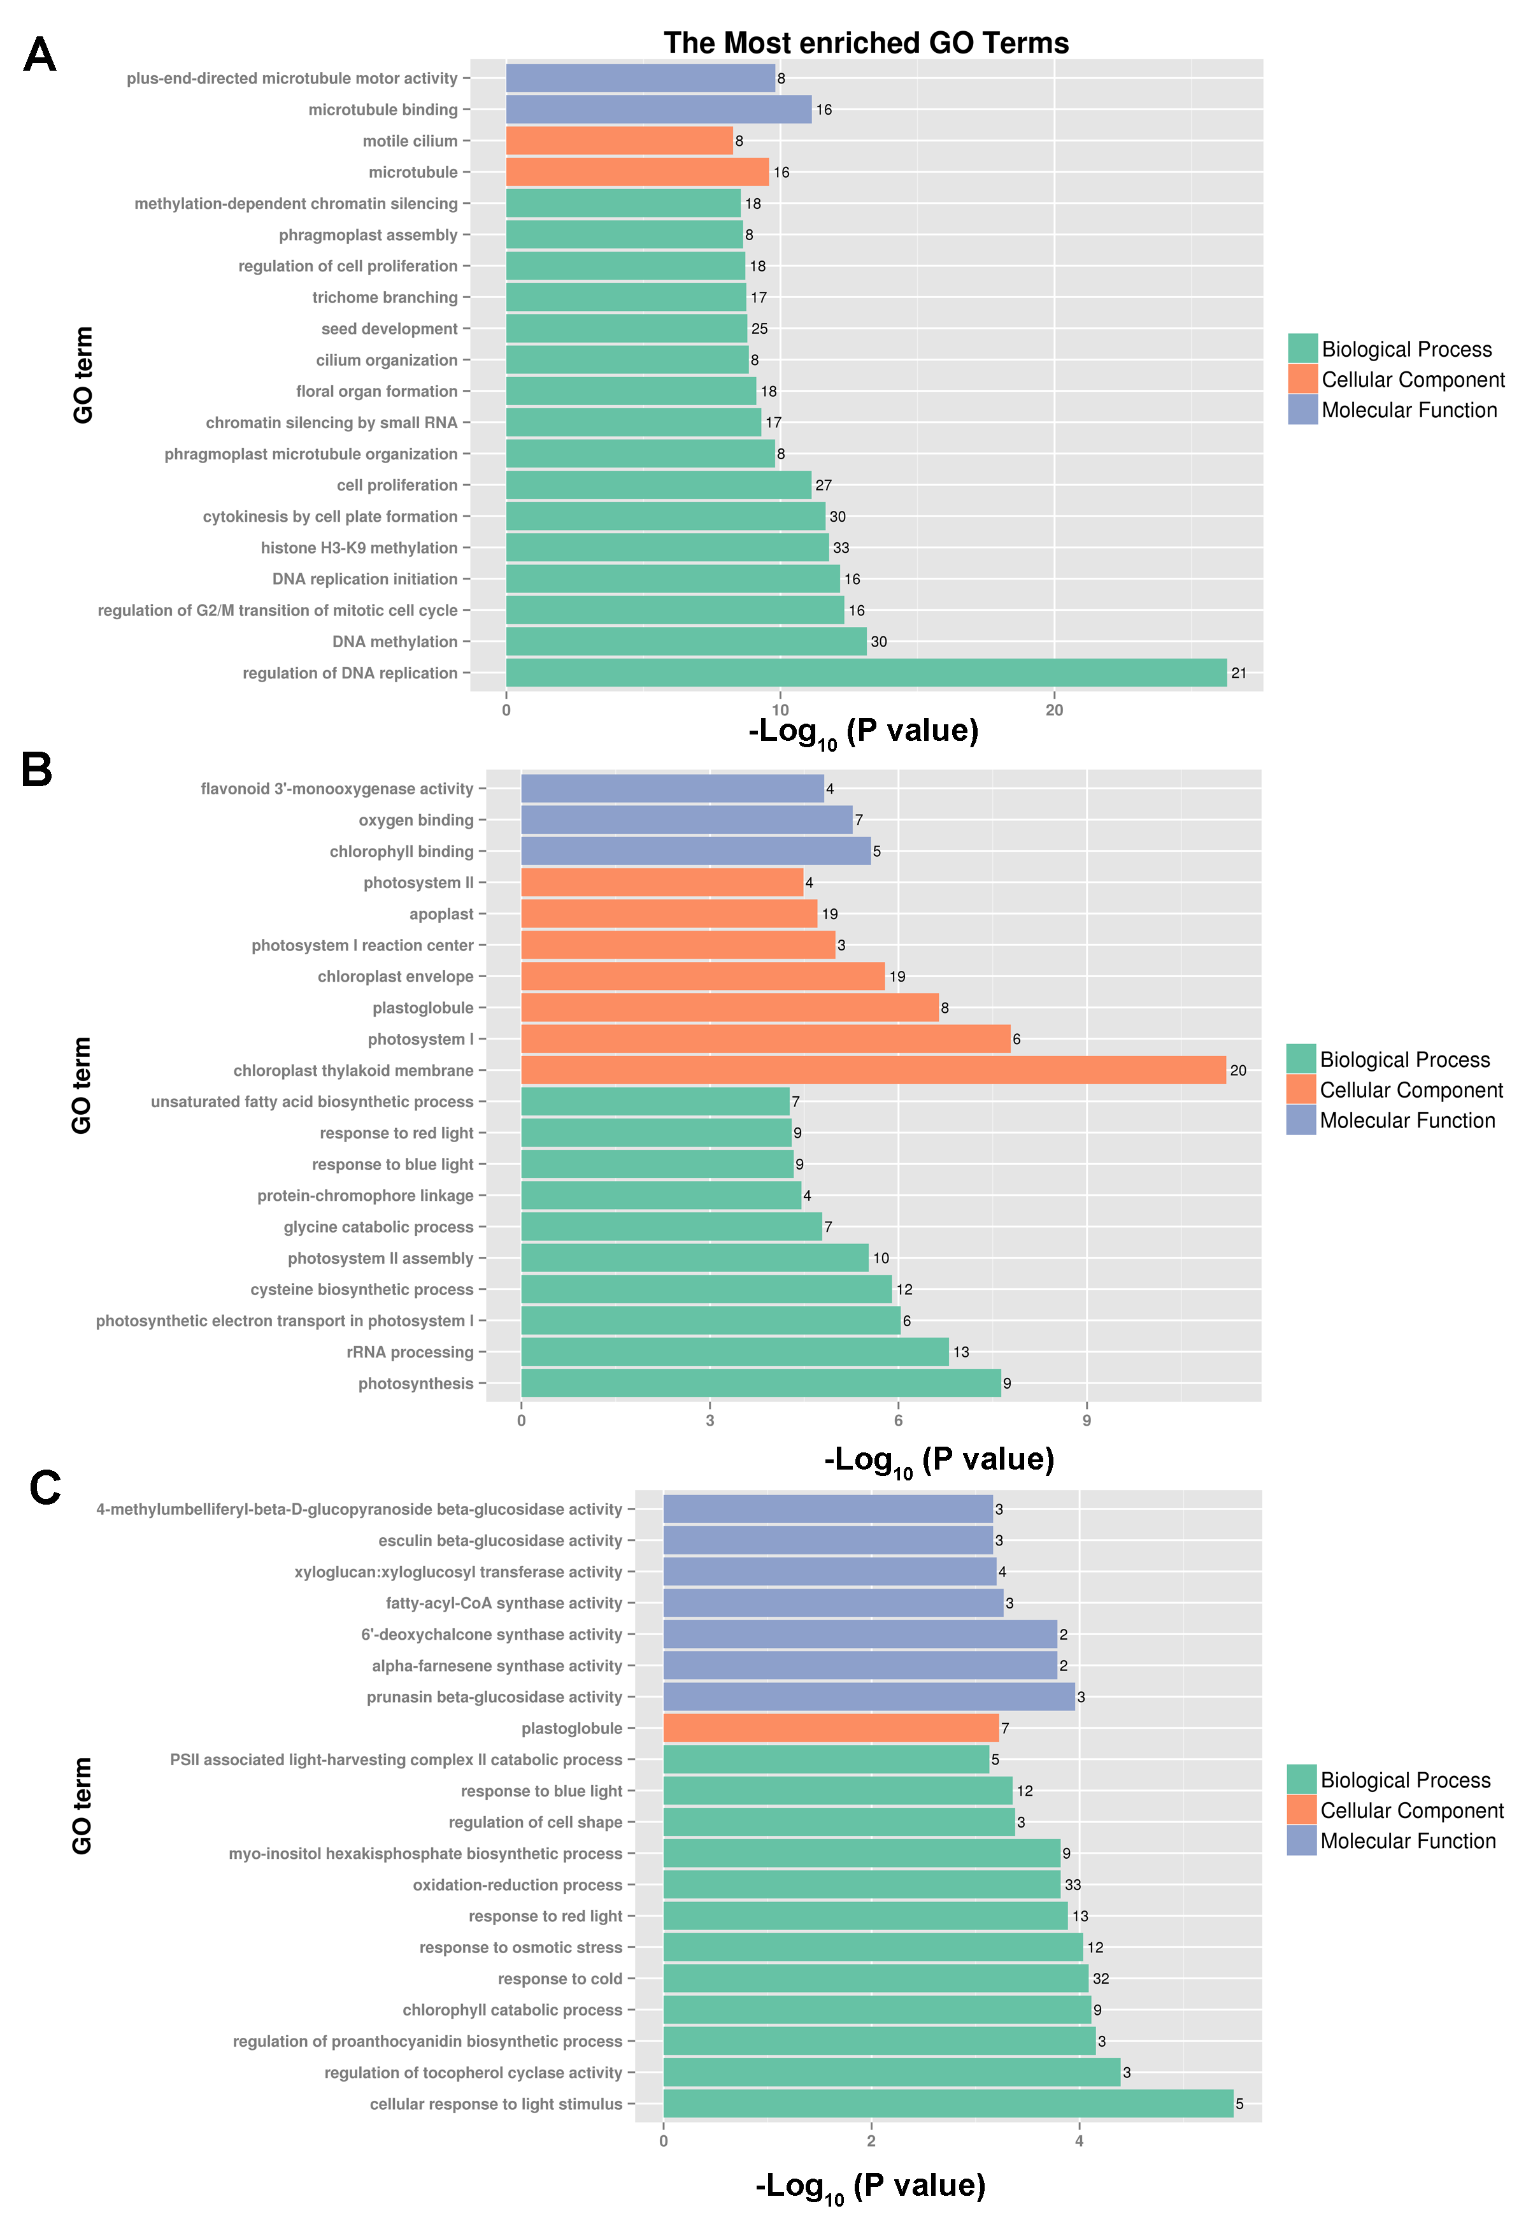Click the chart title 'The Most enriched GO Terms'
point(866,43)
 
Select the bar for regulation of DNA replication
point(866,672)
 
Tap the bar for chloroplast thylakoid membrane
point(873,1070)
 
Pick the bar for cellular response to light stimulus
point(948,2103)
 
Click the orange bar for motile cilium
point(619,141)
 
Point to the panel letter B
point(36,770)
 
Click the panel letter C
point(45,1487)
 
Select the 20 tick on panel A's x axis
point(1054,710)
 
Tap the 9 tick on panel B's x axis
point(1087,1421)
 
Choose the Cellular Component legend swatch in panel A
point(1302,379)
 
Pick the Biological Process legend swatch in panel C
point(1301,1780)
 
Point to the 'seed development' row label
point(390,329)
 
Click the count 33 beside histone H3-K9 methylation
point(841,548)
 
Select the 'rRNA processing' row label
point(410,1352)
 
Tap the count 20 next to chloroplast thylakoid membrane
point(1237,1070)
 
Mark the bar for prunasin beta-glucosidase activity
point(869,1697)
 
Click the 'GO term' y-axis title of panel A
point(84,375)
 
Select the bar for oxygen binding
point(686,820)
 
